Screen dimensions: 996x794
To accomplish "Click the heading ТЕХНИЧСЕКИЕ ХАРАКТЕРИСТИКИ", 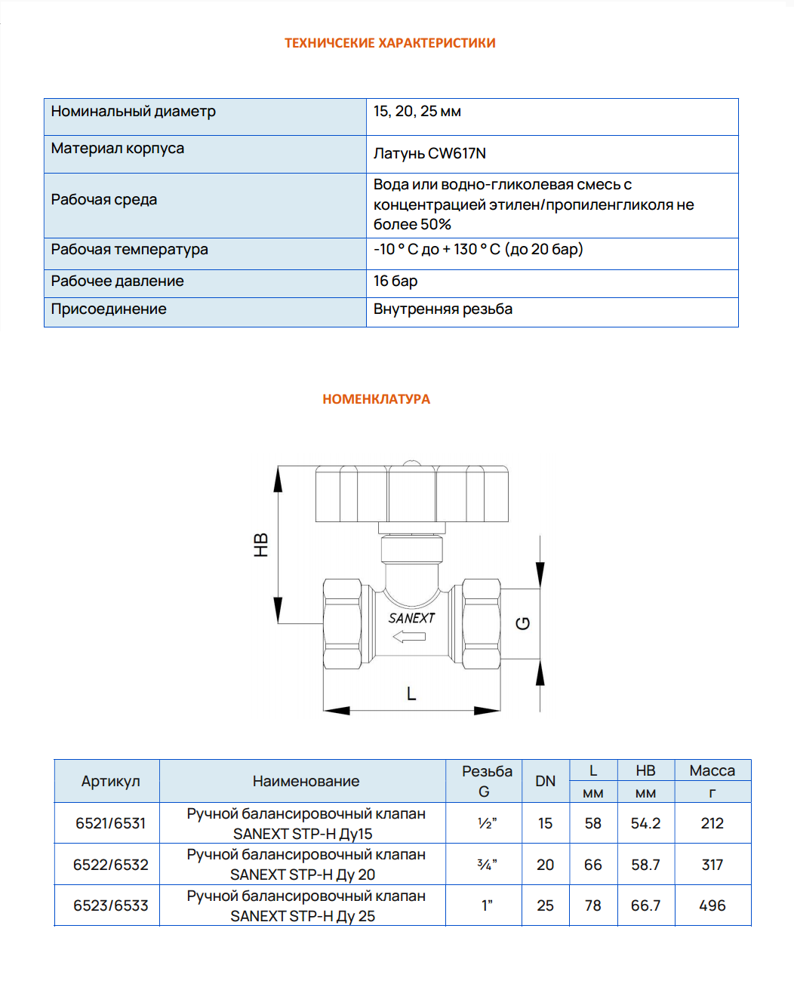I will tap(389, 43).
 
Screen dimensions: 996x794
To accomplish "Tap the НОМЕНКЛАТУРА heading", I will tap(376, 399).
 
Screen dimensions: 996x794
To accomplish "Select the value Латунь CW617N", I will tap(429, 153).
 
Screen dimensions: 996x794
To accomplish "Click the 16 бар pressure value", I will tap(395, 281).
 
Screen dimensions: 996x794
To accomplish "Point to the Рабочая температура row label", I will tap(129, 250).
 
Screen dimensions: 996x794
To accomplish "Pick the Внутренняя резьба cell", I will tap(443, 309).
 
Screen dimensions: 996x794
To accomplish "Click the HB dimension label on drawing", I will tap(261, 545).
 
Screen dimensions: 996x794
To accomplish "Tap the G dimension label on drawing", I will tap(523, 623).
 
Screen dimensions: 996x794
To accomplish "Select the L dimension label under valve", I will tap(411, 693).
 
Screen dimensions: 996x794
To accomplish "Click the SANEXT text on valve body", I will tap(411, 618).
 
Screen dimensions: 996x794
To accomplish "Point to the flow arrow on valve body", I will tap(409, 637).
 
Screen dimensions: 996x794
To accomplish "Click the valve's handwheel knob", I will tap(411, 494).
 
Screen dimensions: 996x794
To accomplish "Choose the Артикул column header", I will tap(110, 782).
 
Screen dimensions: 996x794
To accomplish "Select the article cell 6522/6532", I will tap(110, 865).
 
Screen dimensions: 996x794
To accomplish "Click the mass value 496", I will tap(712, 905).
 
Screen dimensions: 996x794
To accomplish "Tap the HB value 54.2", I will tap(645, 823).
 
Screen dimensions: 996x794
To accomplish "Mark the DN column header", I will tap(545, 782).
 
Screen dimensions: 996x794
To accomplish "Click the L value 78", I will tap(593, 905).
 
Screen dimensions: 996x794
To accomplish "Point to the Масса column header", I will tap(712, 771).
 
